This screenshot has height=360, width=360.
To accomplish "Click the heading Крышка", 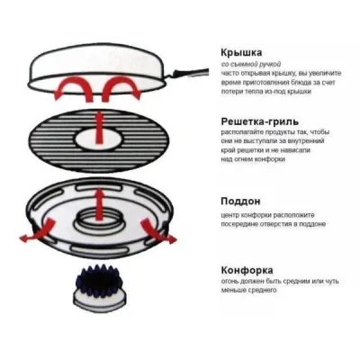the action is point(241,52).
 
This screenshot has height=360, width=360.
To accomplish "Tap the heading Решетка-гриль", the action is point(260,121).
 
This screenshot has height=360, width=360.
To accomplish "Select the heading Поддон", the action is point(240,201).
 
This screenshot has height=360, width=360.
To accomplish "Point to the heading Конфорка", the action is point(247,270).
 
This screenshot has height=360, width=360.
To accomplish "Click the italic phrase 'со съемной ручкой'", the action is point(251,64).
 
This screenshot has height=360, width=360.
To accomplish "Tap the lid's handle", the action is point(189,73).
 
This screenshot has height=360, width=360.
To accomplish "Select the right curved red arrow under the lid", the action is point(120,87).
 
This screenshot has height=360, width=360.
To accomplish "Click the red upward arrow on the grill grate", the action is point(99,128).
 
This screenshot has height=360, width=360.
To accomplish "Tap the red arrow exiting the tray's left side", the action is point(39,231).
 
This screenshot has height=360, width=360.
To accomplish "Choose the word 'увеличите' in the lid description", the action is point(328,73).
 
